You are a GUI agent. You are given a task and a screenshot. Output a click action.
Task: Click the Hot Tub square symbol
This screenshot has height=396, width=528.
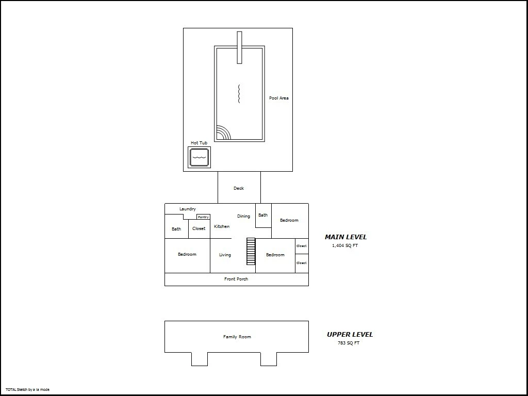click(199, 157)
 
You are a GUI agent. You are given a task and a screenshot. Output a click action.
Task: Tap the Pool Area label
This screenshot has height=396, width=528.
click(279, 98)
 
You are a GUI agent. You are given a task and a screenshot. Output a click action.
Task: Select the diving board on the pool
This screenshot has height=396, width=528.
click(239, 47)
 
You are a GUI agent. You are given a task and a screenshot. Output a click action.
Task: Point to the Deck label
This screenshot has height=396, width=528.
click(239, 188)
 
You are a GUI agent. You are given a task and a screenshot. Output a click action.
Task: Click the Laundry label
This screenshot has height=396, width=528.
click(188, 209)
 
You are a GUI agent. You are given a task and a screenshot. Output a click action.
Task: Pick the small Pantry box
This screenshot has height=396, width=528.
click(203, 217)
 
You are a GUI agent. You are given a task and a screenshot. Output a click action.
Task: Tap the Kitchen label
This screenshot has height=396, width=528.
click(222, 226)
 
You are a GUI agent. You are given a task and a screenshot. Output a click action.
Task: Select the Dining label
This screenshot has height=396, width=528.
click(243, 216)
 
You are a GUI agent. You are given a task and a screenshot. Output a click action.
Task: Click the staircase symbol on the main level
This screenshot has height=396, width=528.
click(251, 251)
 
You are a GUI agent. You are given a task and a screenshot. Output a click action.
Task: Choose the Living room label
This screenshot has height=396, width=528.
click(225, 255)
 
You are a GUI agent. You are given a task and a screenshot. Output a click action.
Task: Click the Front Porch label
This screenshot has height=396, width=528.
click(236, 279)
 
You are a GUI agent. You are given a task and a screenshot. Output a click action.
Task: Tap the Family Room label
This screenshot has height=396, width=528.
click(237, 337)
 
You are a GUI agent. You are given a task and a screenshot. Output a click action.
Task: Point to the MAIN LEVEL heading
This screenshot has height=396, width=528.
click(346, 237)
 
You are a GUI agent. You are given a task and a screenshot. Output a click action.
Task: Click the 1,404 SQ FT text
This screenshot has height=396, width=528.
click(345, 245)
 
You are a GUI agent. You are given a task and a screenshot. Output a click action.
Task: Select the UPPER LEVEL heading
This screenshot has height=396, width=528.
click(350, 334)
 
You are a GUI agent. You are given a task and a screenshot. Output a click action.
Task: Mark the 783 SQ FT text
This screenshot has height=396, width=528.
click(349, 343)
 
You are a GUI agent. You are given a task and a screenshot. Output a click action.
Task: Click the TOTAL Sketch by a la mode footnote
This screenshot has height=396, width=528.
click(28, 390)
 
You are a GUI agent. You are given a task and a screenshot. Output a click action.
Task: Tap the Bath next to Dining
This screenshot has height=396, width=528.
click(263, 215)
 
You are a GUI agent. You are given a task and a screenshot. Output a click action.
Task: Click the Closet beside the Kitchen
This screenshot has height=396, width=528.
click(199, 228)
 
